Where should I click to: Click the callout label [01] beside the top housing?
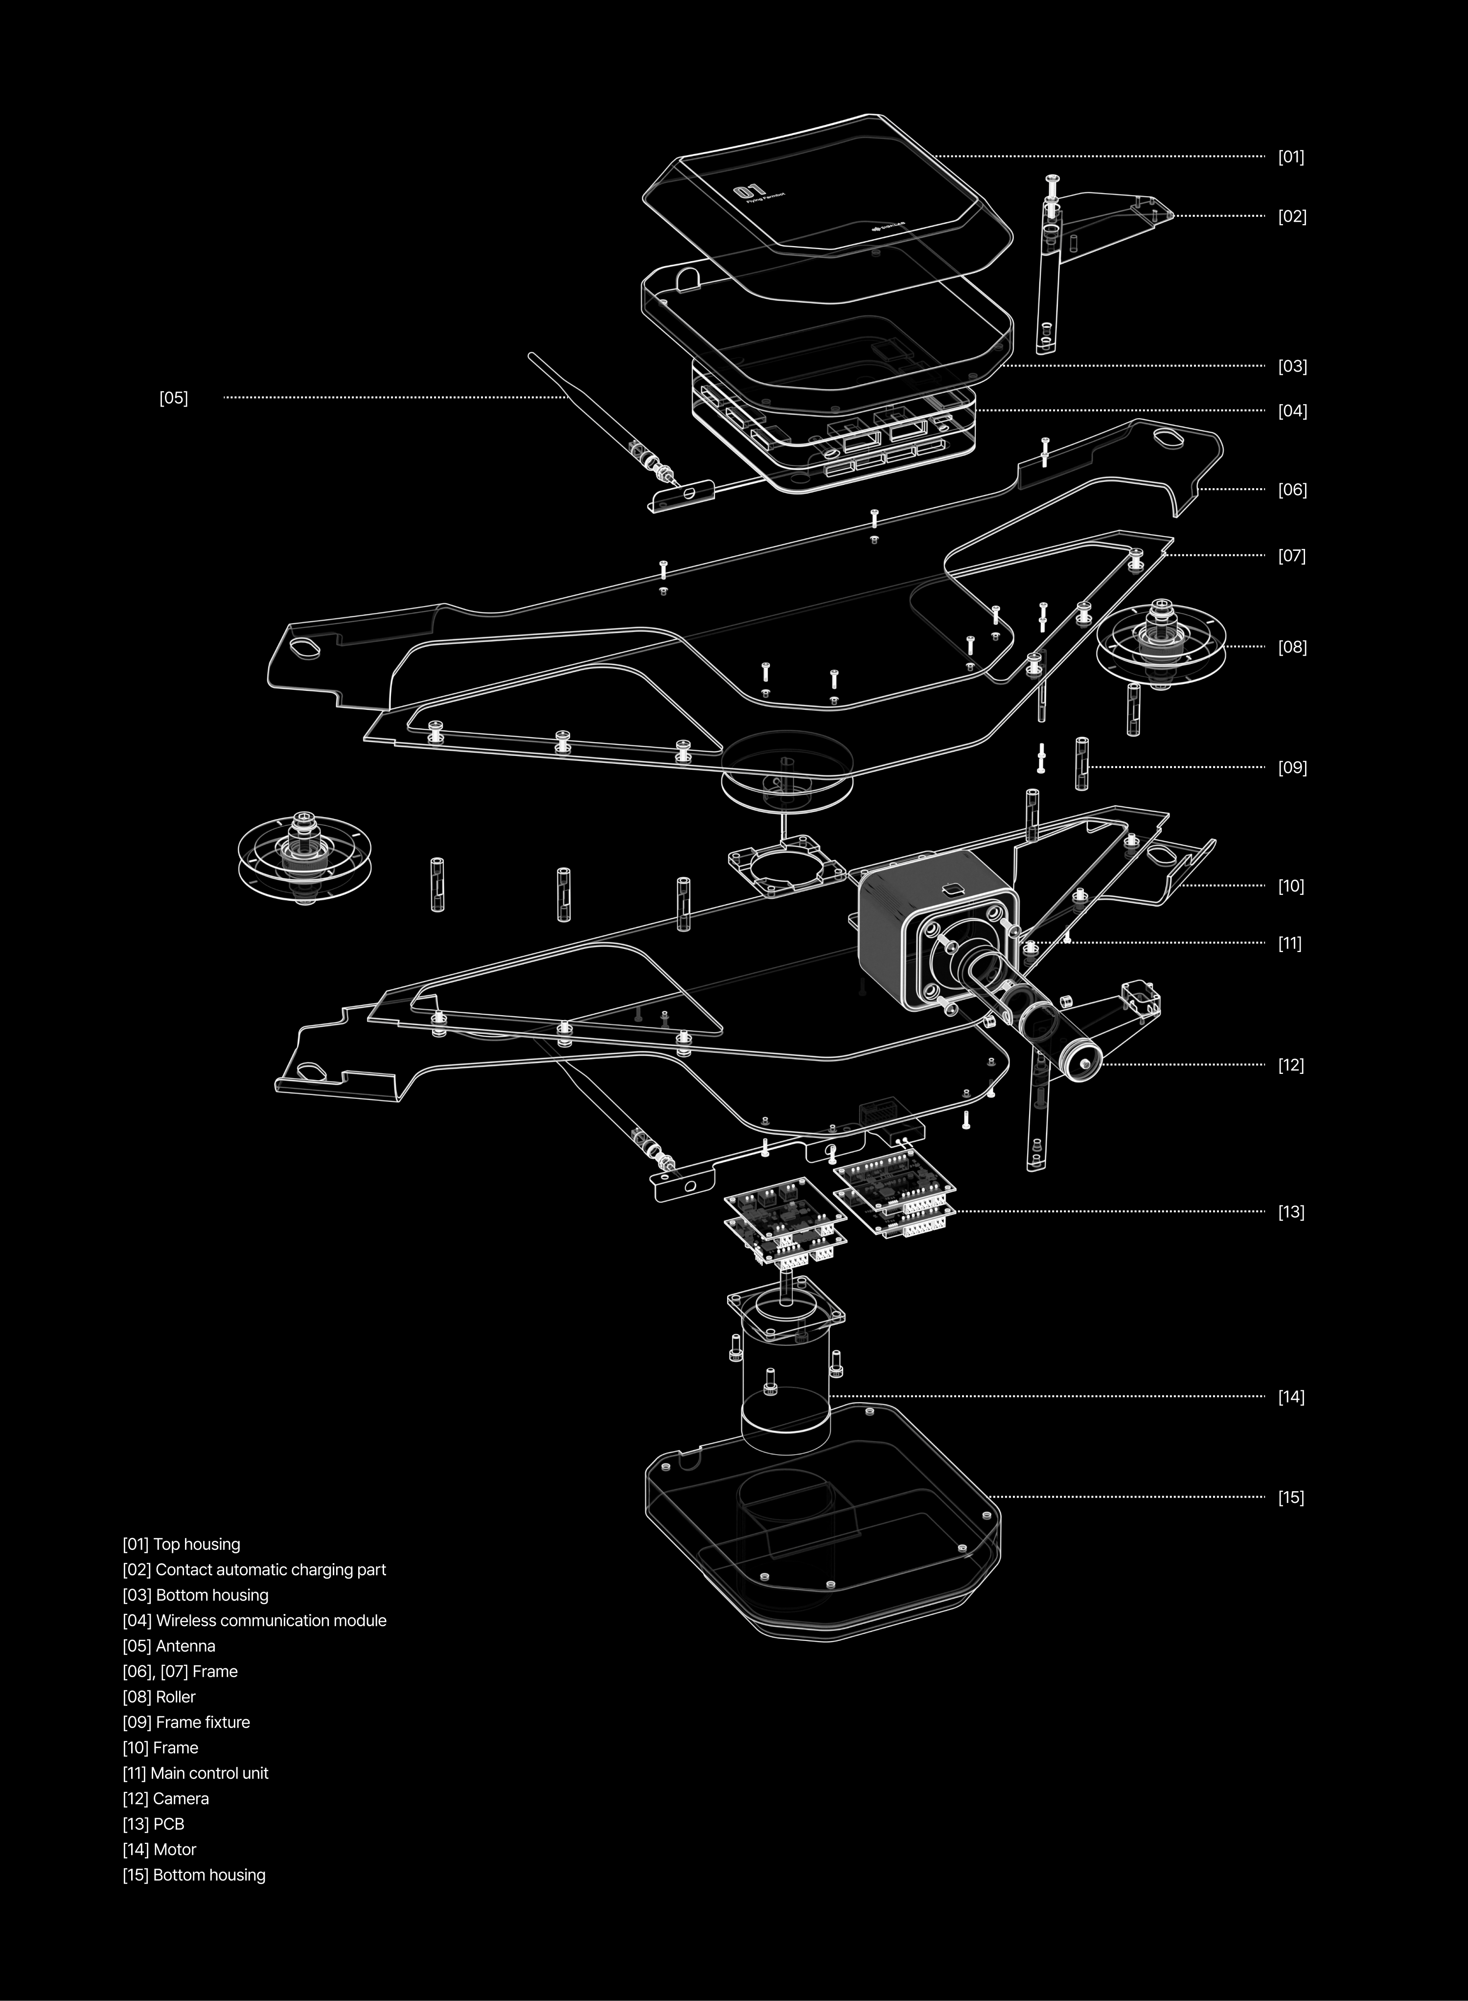pyautogui.click(x=1290, y=157)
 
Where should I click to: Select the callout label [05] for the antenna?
pyautogui.click(x=173, y=398)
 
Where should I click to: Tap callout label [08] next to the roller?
pyautogui.click(x=1292, y=647)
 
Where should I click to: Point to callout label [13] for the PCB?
pyautogui.click(x=1290, y=1212)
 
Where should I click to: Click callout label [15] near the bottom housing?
pyautogui.click(x=1290, y=1497)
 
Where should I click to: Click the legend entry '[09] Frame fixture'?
pyautogui.click(x=186, y=1722)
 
